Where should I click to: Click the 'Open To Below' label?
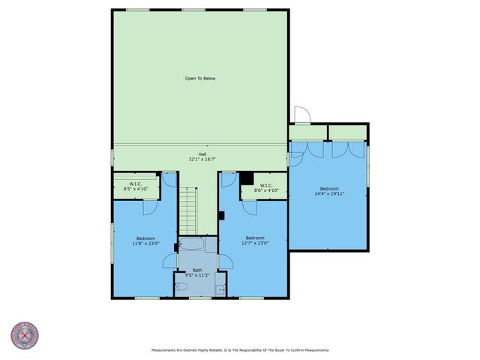pos(200,78)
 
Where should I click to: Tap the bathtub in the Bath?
pos(196,244)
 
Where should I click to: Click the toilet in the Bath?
pos(181,286)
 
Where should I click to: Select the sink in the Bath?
pos(220,289)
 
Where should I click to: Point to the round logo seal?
pos(23,336)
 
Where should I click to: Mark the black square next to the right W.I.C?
pos(246,178)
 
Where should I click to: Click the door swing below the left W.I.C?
pos(169,179)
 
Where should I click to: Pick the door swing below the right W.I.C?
pos(226,179)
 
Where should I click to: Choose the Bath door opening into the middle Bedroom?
pos(224,259)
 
